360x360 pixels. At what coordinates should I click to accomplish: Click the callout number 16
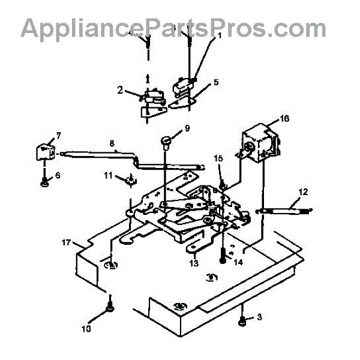pyautogui.click(x=284, y=119)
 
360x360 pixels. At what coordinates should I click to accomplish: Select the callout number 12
pyautogui.click(x=303, y=192)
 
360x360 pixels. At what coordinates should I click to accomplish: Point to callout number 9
pyautogui.click(x=187, y=128)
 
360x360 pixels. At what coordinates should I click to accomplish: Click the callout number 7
pyautogui.click(x=59, y=134)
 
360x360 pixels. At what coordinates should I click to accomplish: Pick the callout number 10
pyautogui.click(x=86, y=329)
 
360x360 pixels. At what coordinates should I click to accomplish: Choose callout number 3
pyautogui.click(x=259, y=316)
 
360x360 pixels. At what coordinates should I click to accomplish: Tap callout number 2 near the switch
pyautogui.click(x=121, y=91)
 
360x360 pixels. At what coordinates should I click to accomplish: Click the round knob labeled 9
pyautogui.click(x=166, y=142)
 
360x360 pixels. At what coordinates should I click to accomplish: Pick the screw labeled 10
pyautogui.click(x=111, y=306)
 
